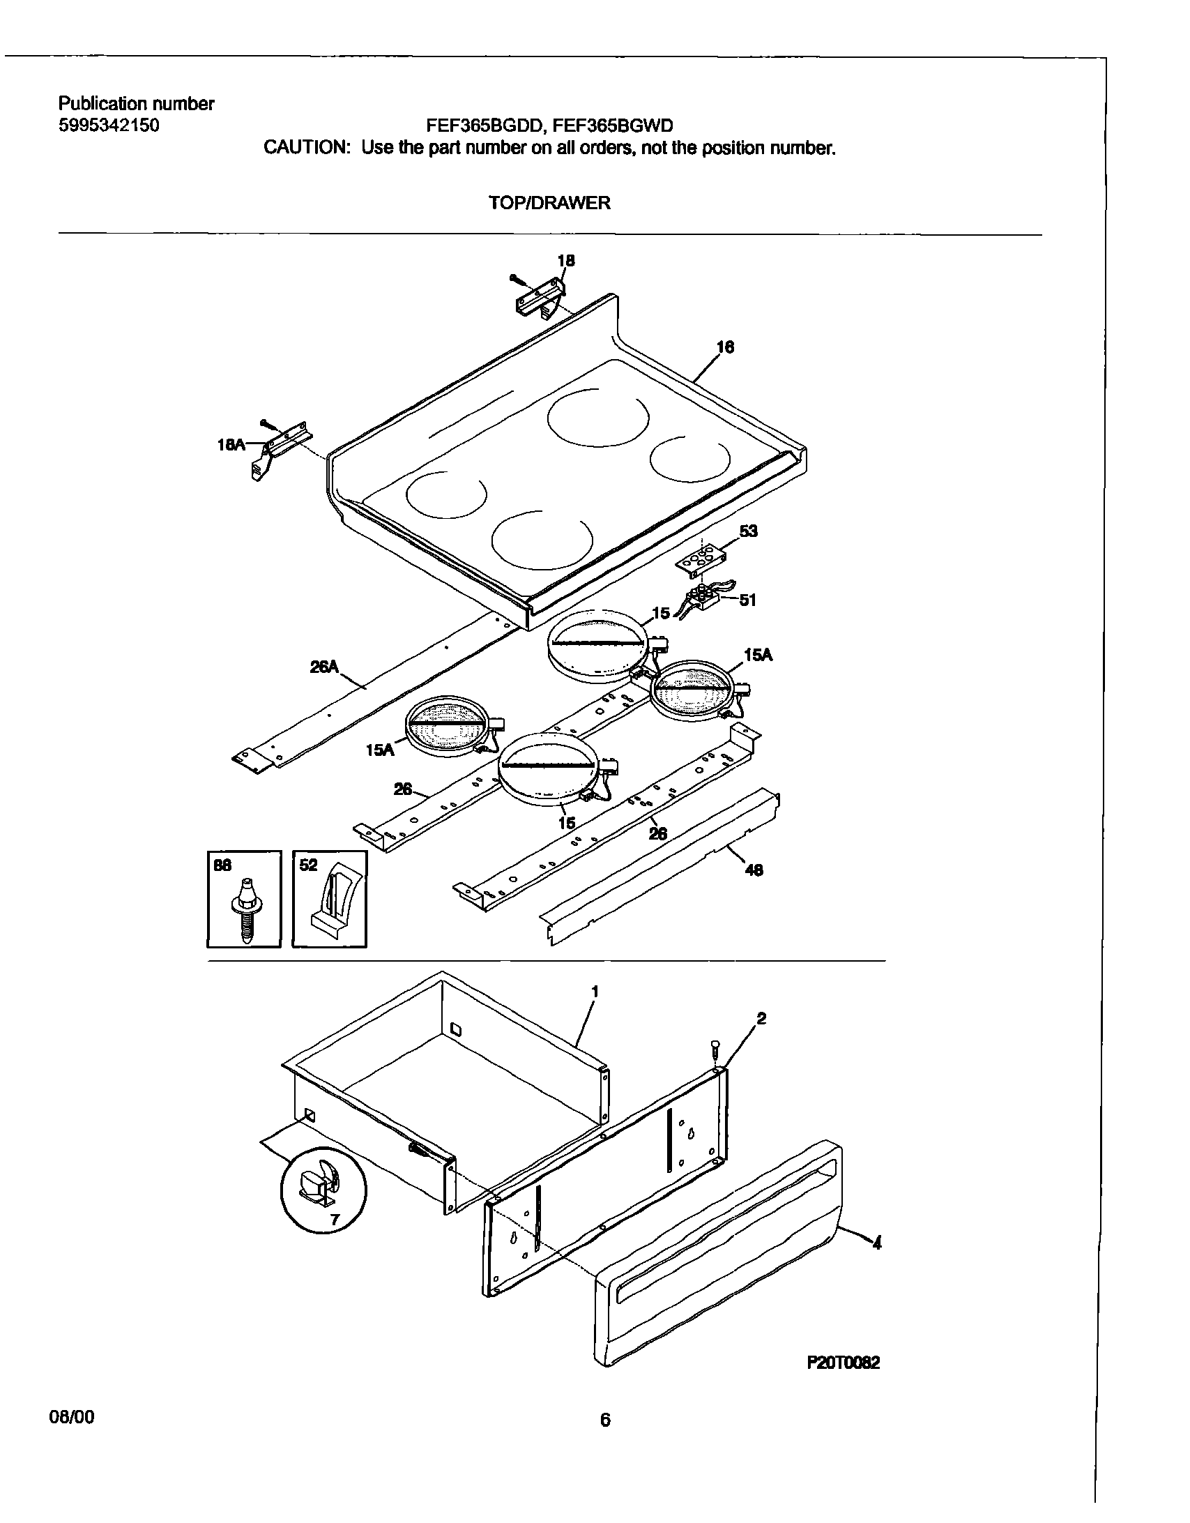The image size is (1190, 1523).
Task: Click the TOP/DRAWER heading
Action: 549,203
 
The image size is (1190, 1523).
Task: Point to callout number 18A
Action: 231,444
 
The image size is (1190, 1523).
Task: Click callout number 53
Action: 748,531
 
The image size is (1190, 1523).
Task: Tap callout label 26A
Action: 323,667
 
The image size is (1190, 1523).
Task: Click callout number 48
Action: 754,870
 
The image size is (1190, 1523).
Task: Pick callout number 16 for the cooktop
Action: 725,347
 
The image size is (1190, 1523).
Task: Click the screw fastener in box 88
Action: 245,907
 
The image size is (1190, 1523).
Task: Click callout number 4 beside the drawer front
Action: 877,1242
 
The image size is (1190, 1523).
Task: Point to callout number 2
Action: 761,1019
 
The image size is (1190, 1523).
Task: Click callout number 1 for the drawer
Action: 595,991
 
